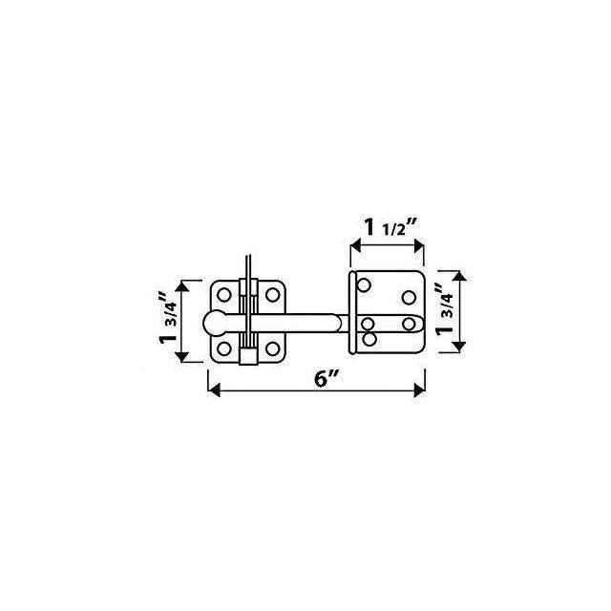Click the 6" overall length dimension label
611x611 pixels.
[x=327, y=379]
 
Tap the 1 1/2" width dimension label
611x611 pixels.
[x=390, y=227]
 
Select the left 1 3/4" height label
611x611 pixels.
[x=169, y=318]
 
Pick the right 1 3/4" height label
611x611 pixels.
[x=445, y=309]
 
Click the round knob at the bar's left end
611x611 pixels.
[x=216, y=324]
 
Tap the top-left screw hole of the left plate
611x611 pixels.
[x=224, y=295]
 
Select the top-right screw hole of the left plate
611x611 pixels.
[x=272, y=295]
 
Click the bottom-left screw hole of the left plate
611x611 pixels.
[x=224, y=348]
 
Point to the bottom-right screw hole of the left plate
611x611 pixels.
[x=272, y=348]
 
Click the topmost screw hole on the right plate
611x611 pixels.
[x=364, y=285]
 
